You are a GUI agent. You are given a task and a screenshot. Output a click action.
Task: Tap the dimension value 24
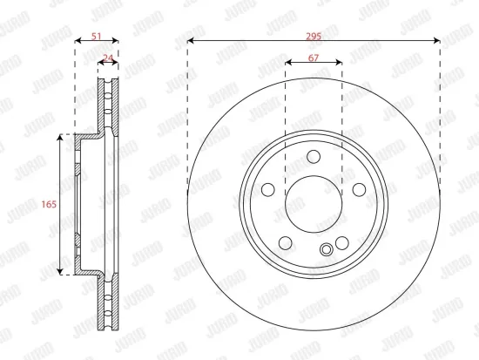pyautogui.click(x=107, y=58)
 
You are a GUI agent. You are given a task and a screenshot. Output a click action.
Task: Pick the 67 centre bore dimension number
pyautogui.click(x=314, y=58)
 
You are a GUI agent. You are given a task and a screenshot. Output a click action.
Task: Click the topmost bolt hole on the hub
pyautogui.click(x=314, y=158)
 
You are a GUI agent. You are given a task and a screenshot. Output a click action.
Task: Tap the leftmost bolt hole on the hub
pyautogui.click(x=269, y=189)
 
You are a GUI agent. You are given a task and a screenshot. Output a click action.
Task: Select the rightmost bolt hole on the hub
pyautogui.click(x=358, y=189)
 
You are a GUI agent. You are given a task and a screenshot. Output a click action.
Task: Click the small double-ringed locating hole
pyautogui.click(x=327, y=251)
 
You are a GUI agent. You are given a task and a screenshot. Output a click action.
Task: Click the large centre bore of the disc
pyautogui.click(x=314, y=203)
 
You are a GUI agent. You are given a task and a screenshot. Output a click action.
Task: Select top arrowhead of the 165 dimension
pyautogui.click(x=60, y=137)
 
